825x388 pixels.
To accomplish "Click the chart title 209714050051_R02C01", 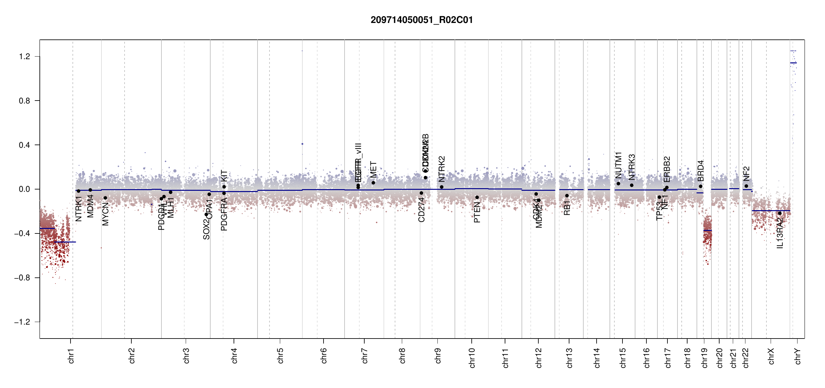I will [422, 20].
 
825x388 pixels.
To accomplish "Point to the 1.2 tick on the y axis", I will [24, 57].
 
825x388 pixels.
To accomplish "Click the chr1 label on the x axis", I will [71, 356].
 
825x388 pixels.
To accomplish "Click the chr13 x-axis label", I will [569, 358].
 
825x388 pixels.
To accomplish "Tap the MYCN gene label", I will [105, 214].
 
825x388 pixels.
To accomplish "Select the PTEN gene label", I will [477, 212].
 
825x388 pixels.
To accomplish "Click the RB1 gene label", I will [567, 208].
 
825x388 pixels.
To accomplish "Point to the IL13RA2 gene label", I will [780, 233].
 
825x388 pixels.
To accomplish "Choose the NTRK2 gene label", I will [442, 169].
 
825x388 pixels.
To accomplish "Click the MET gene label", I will [373, 169].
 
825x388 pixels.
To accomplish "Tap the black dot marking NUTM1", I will [618, 184].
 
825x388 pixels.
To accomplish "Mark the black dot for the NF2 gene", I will [746, 186].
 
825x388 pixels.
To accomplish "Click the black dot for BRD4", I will [700, 186].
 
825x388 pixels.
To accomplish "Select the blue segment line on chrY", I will [793, 63].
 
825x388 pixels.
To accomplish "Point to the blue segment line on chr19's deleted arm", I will [708, 231].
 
